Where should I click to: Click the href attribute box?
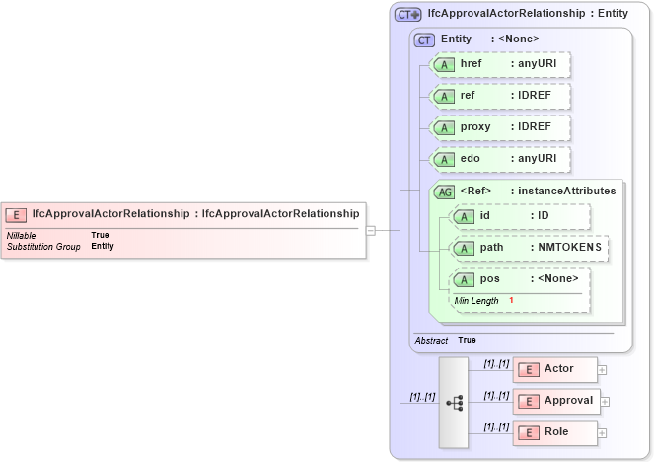click(501, 64)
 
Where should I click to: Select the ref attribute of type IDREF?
click(501, 96)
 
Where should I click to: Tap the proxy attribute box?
click(501, 127)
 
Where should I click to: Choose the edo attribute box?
click(501, 159)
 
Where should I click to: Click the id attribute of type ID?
click(520, 216)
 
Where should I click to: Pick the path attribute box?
click(529, 248)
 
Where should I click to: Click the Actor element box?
click(556, 369)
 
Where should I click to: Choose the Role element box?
click(554, 432)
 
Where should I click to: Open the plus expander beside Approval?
click(606, 402)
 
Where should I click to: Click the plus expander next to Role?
click(602, 433)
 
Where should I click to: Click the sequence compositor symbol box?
click(454, 403)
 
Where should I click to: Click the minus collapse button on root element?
click(371, 231)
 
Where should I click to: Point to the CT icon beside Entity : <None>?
click(425, 39)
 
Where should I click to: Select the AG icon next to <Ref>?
click(445, 192)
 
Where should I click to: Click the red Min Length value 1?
click(511, 300)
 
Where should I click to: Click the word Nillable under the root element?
click(22, 235)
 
